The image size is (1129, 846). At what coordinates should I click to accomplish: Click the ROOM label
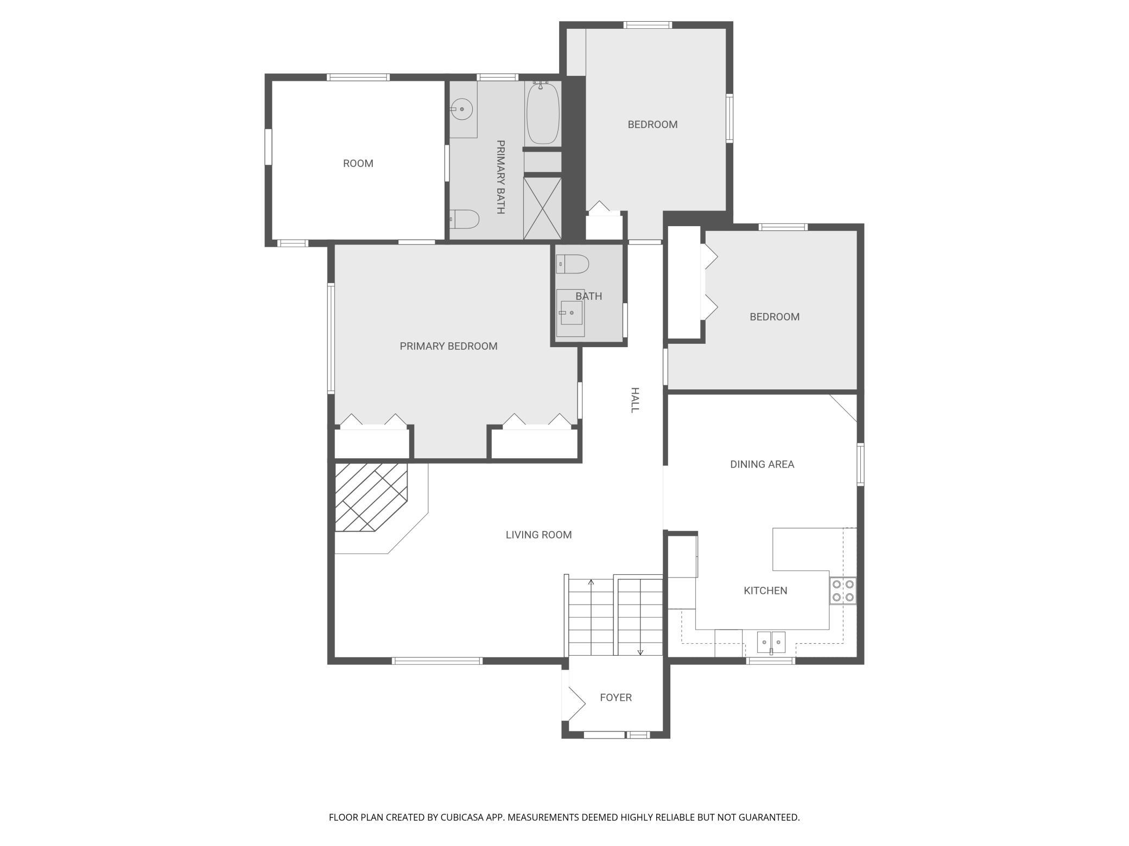[358, 163]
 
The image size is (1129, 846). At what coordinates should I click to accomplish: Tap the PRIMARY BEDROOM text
[448, 346]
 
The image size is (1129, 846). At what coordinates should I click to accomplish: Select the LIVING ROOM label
[538, 535]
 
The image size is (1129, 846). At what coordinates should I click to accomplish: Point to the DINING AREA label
[762, 464]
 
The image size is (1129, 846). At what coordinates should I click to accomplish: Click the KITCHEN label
[765, 591]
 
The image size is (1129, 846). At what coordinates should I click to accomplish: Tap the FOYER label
[616, 697]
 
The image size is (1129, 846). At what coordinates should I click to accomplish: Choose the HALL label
[635, 400]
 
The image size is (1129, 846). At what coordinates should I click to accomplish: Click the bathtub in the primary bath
[543, 113]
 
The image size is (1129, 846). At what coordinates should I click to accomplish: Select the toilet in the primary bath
[465, 219]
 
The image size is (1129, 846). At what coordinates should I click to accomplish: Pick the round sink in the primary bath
[461, 110]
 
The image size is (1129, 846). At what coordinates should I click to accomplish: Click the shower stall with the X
[542, 208]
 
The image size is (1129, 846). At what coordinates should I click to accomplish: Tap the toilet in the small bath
[573, 264]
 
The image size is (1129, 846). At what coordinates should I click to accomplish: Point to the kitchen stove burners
[843, 591]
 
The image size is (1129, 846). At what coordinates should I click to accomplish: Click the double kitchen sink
[771, 642]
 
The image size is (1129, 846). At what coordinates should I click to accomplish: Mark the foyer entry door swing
[576, 703]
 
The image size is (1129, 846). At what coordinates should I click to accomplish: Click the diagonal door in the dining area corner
[843, 408]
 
